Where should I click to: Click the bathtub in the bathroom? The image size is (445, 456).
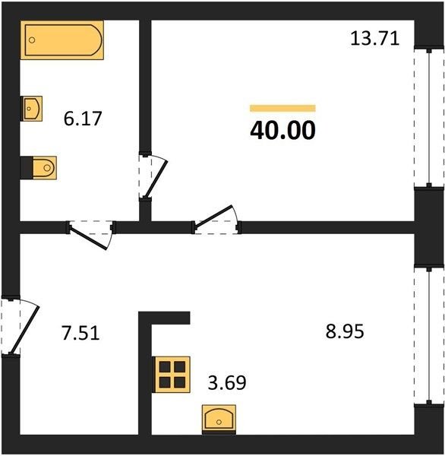point(62,40)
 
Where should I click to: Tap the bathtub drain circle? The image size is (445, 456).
point(32,40)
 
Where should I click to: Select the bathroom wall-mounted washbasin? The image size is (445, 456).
point(32,109)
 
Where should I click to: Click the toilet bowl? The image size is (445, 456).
point(45,168)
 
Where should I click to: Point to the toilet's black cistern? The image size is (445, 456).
point(27,168)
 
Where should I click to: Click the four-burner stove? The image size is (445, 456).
point(172,375)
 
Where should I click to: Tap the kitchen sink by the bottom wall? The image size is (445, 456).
point(219,420)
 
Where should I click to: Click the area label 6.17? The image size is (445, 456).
point(83,119)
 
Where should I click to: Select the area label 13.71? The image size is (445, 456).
point(375,39)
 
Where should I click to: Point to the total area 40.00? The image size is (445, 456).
point(282,131)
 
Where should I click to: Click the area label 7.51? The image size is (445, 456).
point(80,333)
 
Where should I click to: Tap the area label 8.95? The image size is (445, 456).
point(345,331)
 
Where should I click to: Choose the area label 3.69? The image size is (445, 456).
point(227,382)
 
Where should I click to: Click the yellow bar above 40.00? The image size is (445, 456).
point(282,108)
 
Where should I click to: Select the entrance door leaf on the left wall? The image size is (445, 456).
point(24,330)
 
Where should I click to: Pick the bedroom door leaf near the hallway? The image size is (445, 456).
point(213,216)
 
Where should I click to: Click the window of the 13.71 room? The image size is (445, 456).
point(429,118)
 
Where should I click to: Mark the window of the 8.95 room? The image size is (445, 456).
point(429,336)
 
